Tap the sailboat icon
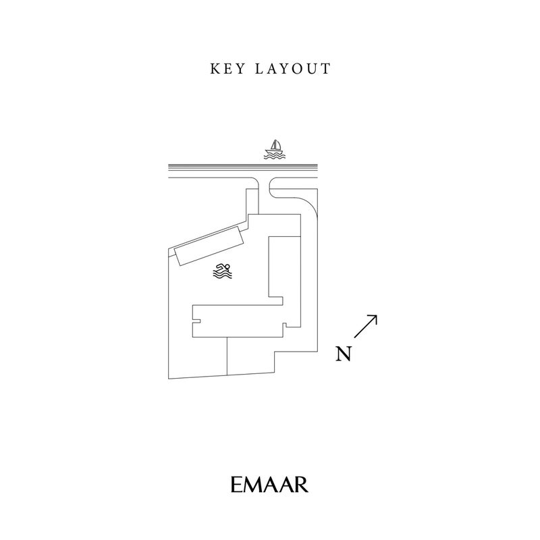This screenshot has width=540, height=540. pos(274,150)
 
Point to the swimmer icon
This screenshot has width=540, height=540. pos(223,271)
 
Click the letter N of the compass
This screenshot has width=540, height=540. pos(344,354)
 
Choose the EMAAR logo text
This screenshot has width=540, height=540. pos(269,485)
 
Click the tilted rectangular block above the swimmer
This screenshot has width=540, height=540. pos(209,247)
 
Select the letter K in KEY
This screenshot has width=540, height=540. pos(215,69)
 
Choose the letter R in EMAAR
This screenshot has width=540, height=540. pos(301,485)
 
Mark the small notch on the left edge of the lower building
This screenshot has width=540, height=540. pos(197,313)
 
